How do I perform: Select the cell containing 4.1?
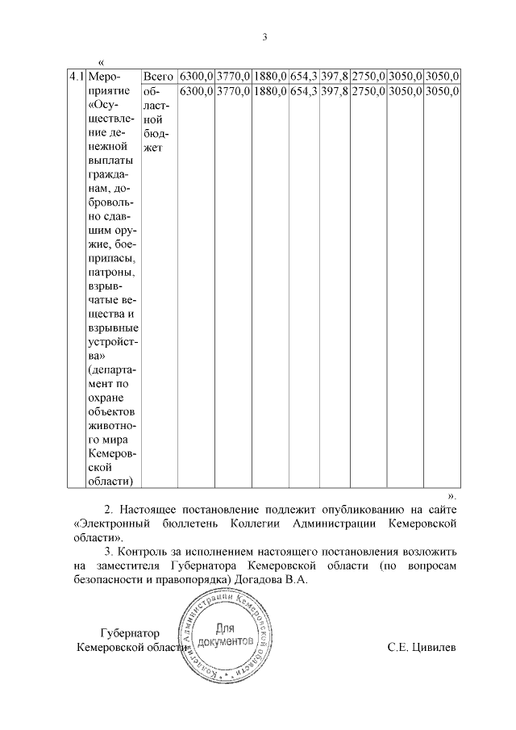(x=76, y=76)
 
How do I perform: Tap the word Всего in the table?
(x=158, y=76)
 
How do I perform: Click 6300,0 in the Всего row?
(x=196, y=76)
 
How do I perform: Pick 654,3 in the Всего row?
(x=303, y=76)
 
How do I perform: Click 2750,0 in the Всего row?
(x=368, y=76)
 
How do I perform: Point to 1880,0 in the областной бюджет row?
(x=270, y=91)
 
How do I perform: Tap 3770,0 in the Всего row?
(x=233, y=76)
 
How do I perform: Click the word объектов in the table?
(x=111, y=412)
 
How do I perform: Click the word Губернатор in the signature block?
(x=131, y=633)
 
